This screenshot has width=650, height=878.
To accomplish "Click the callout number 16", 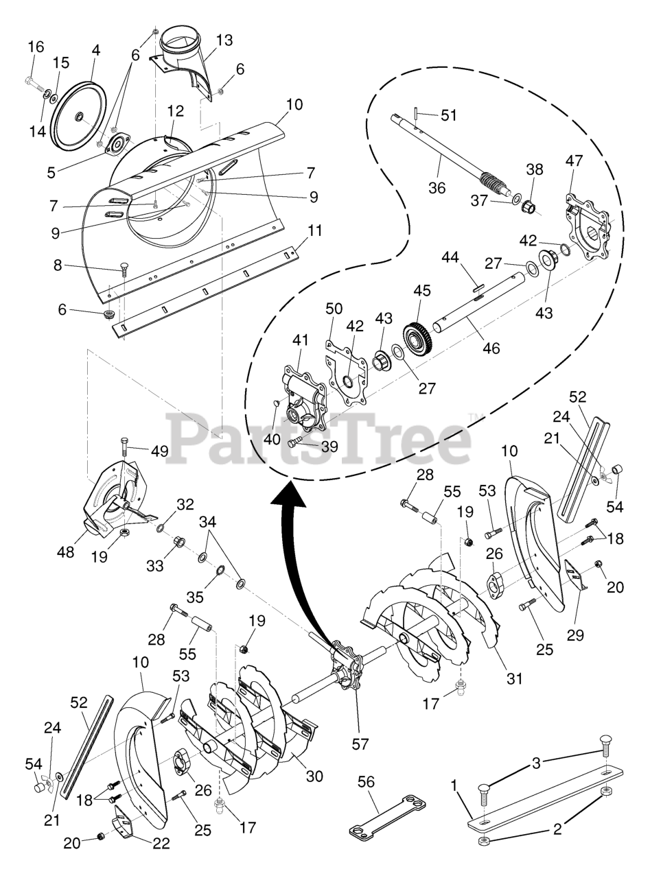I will click(x=35, y=47).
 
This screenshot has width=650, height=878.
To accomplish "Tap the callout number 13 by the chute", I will click(x=224, y=40).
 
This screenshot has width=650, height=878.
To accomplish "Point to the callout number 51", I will click(x=448, y=115).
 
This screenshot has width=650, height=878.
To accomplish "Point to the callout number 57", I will click(x=360, y=744).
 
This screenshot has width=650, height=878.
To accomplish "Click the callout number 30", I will click(x=315, y=776).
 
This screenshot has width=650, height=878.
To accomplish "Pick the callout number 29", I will click(x=575, y=635).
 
